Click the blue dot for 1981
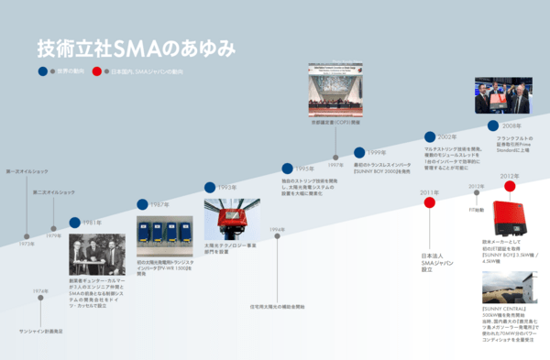tap(74, 223)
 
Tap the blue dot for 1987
tap(143, 204)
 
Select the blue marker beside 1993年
tap(210, 187)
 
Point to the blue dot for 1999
tap(358, 152)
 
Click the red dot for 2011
tap(429, 202)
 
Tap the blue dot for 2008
tap(493, 125)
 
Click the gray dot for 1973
tap(27, 235)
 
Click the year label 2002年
tap(447, 136)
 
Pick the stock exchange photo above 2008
tap(501, 96)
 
